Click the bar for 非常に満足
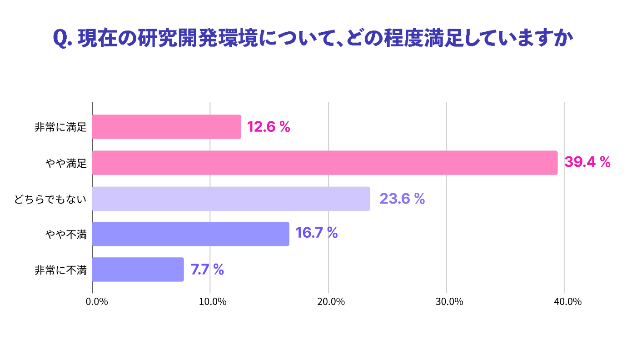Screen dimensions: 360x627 [x=167, y=127]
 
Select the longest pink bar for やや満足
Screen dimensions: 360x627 [x=325, y=163]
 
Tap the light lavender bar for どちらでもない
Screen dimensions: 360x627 [x=231, y=199]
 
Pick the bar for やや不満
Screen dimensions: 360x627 [x=191, y=234]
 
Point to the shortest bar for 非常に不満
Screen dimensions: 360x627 [x=138, y=270]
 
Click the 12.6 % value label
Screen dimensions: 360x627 [x=269, y=127]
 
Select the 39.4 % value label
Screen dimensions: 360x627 [x=587, y=162]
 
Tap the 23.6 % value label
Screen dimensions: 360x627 [x=402, y=199]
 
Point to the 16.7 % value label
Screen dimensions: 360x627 [x=317, y=233]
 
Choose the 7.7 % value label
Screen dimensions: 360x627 [x=207, y=269]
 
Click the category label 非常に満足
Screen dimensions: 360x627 [x=60, y=127]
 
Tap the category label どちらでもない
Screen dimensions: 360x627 [x=50, y=199]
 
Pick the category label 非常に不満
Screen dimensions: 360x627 [x=60, y=270]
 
